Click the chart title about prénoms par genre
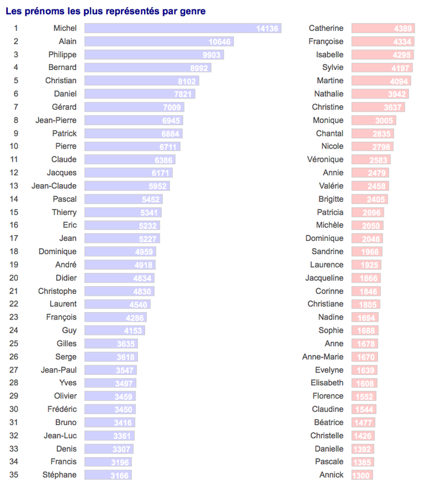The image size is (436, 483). pos(105,11)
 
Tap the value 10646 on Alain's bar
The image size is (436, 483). pos(219,42)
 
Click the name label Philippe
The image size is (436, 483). pos(62,54)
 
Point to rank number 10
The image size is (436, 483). pos(14,146)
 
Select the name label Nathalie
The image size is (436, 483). pos(328,94)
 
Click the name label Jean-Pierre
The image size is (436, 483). pos(57,120)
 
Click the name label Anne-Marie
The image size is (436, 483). pos(322,357)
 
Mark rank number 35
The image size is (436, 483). pos(14,475)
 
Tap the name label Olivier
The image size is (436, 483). pos(65,396)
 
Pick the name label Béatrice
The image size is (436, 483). pos(328,423)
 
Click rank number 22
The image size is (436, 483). pos(14,304)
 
